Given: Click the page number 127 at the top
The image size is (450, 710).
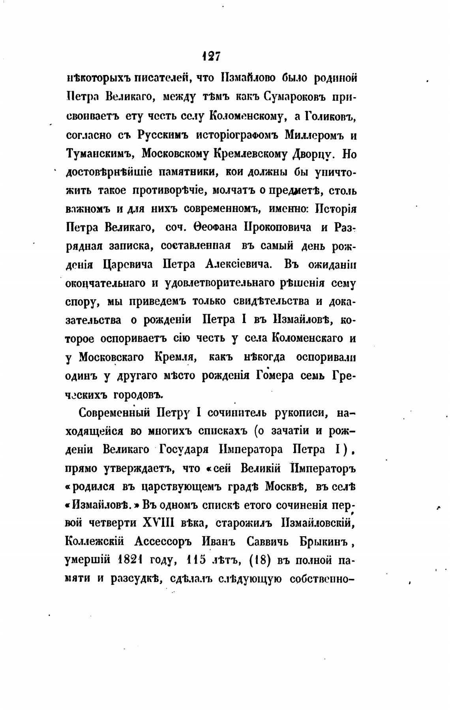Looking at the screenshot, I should (x=211, y=57).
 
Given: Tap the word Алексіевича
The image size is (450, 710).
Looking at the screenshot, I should (x=238, y=265).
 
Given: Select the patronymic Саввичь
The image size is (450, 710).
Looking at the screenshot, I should (x=268, y=542).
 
